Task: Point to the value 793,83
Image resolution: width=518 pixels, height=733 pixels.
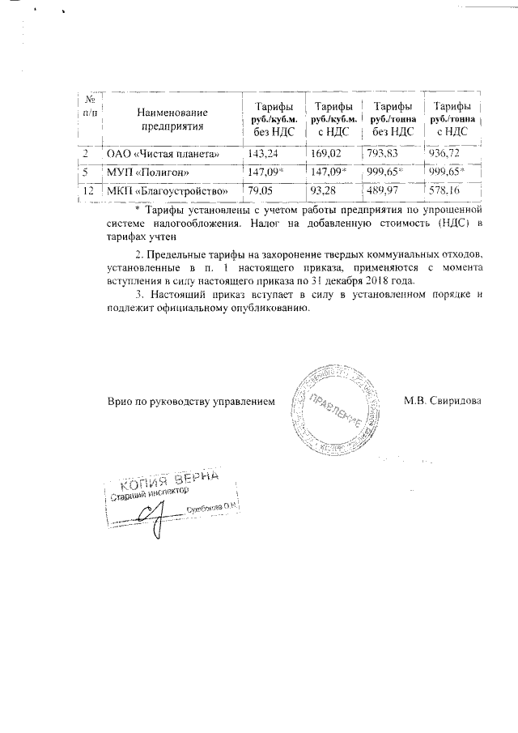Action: pyautogui.click(x=384, y=153)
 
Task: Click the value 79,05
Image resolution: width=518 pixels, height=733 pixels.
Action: pyautogui.click(x=261, y=191)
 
